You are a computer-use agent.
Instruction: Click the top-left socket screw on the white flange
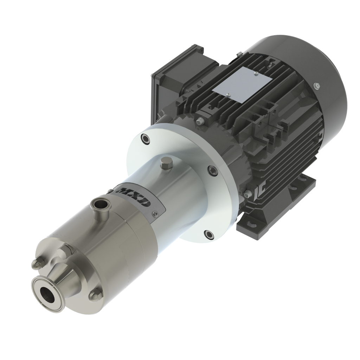click(145, 140)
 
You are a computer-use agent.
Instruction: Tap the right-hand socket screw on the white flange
click(211, 170)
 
